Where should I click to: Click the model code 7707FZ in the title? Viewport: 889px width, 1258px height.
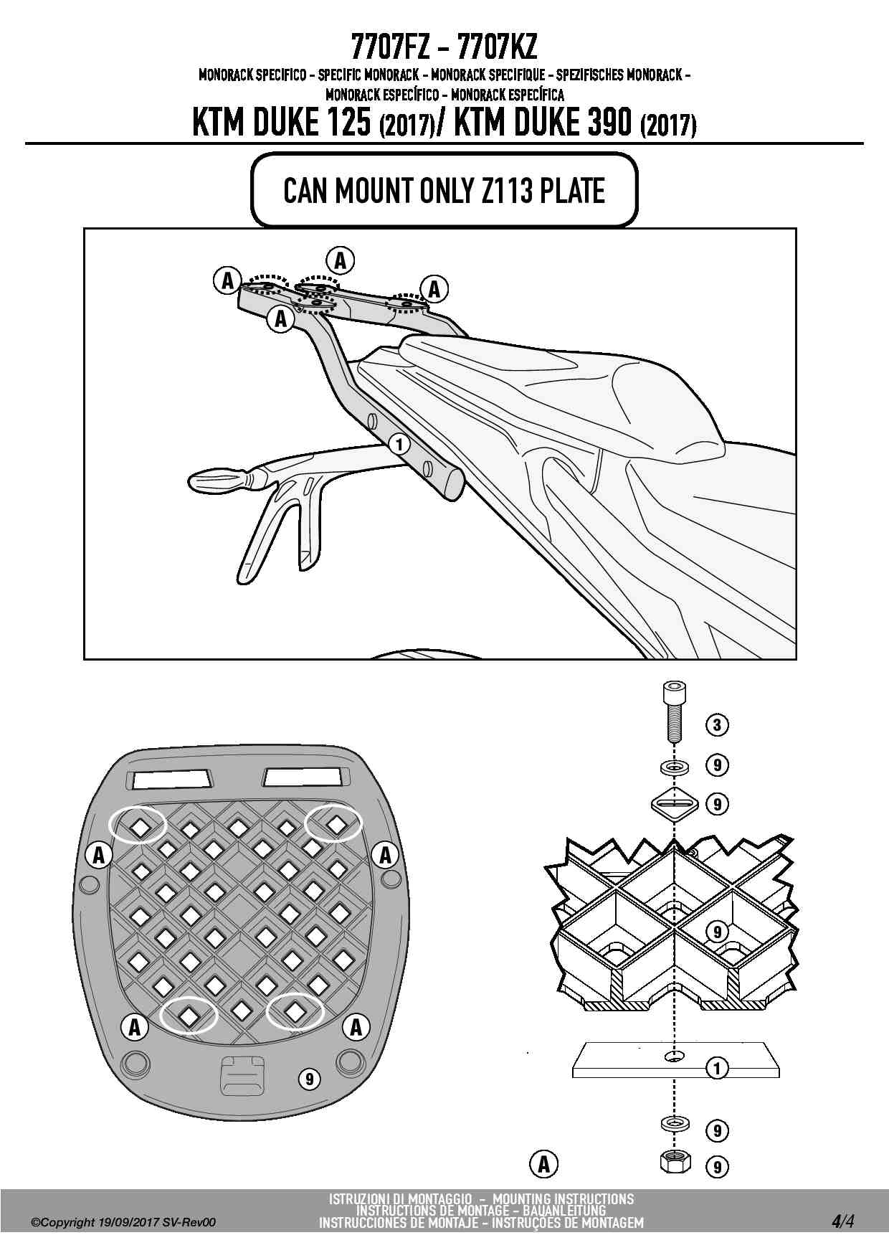391,47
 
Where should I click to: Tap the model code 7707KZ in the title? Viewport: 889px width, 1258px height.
497,47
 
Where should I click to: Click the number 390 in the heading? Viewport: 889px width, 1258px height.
606,123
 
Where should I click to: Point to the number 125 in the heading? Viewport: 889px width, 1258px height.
347,123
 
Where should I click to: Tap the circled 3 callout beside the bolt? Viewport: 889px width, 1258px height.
717,724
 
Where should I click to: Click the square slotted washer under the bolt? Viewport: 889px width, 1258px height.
674,803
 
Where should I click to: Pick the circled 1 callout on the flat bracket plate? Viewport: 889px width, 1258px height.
717,1068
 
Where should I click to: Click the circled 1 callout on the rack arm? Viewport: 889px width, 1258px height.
400,445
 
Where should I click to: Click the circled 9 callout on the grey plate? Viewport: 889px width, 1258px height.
309,1079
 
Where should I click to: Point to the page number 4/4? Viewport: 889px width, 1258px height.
843,1221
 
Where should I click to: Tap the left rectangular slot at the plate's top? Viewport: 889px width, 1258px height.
171,777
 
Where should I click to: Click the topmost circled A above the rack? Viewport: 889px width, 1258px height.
341,260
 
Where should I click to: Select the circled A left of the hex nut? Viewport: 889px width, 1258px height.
544,1163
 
